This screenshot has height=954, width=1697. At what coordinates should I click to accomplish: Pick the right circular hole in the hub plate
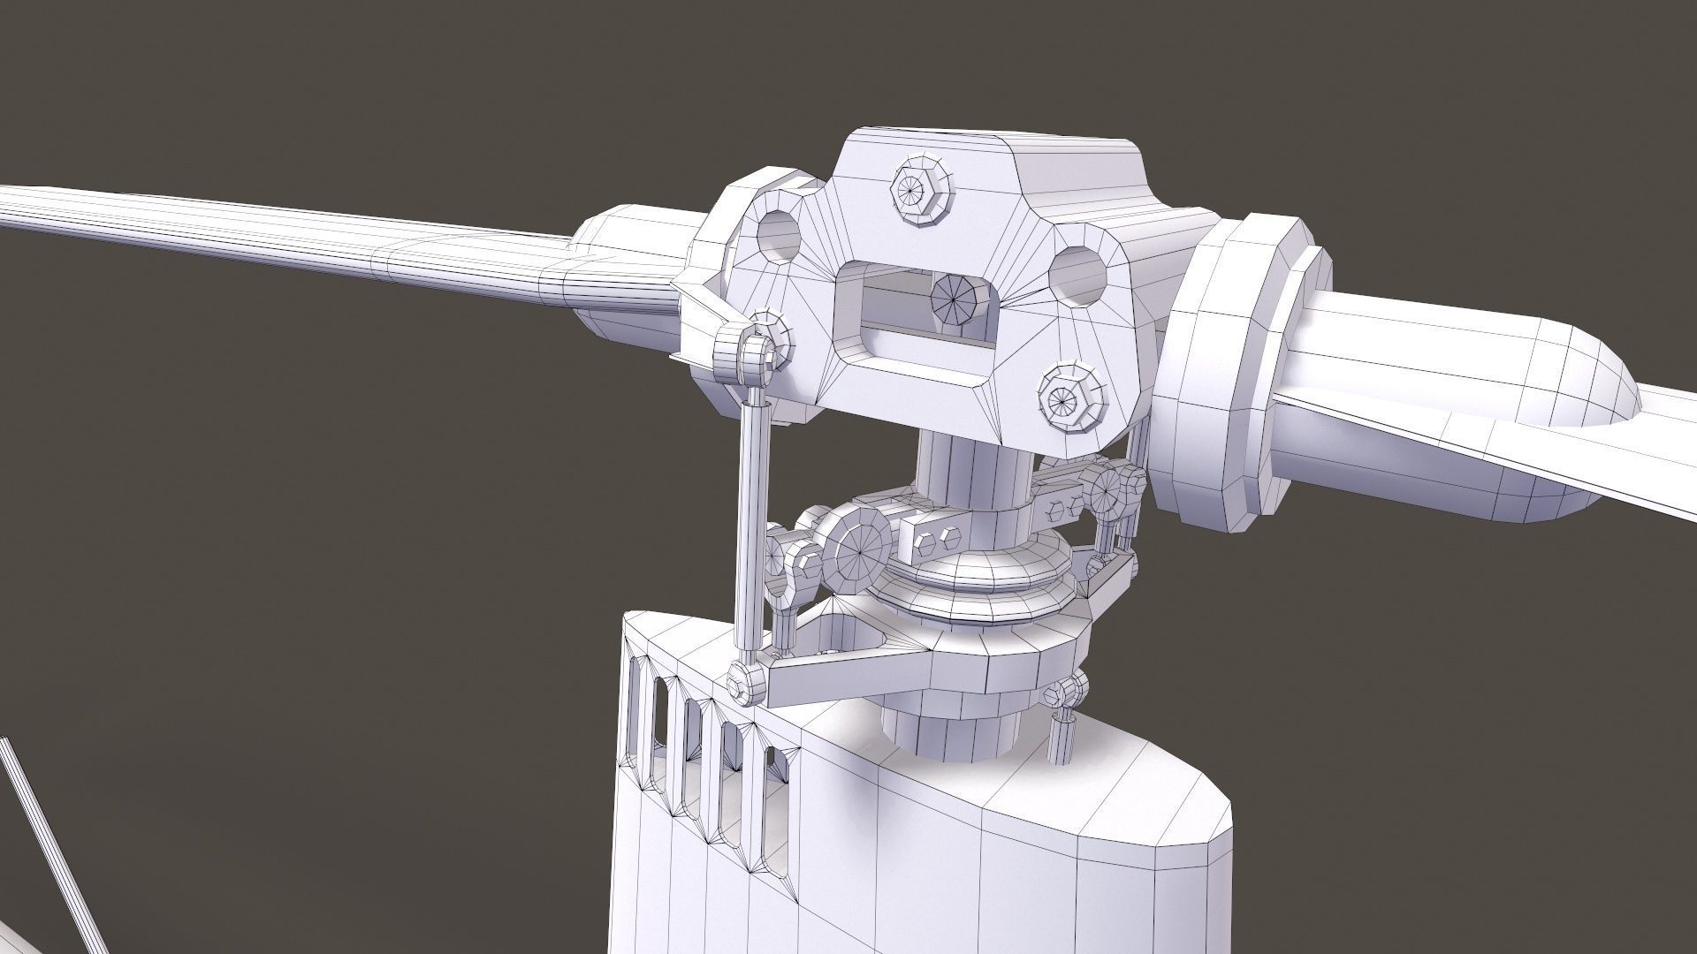coord(1079,273)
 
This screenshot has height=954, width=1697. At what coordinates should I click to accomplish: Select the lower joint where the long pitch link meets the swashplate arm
coord(747,682)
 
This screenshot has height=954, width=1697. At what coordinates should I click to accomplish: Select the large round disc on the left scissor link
coord(860,550)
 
